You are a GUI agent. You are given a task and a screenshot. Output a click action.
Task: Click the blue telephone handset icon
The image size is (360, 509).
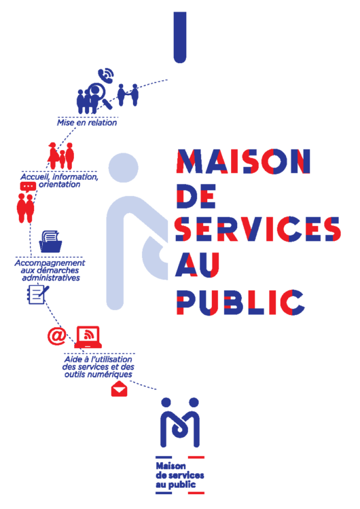point(106,75)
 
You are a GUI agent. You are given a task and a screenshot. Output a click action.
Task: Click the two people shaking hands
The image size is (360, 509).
point(128,94)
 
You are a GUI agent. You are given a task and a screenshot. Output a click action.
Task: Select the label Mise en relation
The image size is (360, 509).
point(87,123)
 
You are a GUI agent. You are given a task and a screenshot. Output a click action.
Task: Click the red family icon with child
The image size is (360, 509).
point(61,156)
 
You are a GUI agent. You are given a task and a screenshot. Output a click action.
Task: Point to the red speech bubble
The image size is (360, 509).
point(28,187)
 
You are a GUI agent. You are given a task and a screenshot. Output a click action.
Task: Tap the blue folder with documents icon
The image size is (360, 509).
point(50,241)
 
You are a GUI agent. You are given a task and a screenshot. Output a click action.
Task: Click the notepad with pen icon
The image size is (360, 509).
point(37,294)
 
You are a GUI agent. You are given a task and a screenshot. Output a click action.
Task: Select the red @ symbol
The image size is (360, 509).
point(56,336)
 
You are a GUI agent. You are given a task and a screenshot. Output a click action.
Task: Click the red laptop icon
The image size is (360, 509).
point(88,337)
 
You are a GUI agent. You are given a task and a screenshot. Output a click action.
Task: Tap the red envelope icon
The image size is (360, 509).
point(120,389)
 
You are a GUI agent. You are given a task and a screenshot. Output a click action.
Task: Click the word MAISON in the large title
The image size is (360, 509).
point(243,162)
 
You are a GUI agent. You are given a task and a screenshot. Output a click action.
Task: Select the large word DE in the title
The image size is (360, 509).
point(196,196)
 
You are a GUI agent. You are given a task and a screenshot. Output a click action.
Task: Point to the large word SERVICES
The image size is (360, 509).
point(257,229)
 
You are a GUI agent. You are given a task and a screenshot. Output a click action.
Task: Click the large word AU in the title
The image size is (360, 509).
point(198,265)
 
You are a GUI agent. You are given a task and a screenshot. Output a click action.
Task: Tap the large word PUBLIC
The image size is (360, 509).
point(240,302)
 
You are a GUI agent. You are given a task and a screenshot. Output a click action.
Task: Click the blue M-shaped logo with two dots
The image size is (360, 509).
point(180,422)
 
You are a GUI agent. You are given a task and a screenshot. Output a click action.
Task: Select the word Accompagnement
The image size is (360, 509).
point(50,263)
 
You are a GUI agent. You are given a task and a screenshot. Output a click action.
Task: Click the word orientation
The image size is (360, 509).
point(60,185)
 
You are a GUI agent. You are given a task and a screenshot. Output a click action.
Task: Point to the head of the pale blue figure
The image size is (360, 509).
point(123,168)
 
